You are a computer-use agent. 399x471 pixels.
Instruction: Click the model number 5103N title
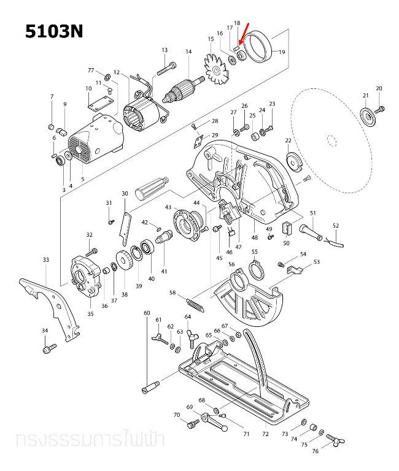[53, 31]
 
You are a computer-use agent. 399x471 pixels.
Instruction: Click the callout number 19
[282, 52]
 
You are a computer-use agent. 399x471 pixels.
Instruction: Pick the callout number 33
[45, 259]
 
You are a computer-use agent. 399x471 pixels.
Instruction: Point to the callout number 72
[265, 434]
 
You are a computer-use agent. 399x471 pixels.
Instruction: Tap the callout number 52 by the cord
[335, 226]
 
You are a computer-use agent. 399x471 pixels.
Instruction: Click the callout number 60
[147, 313]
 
